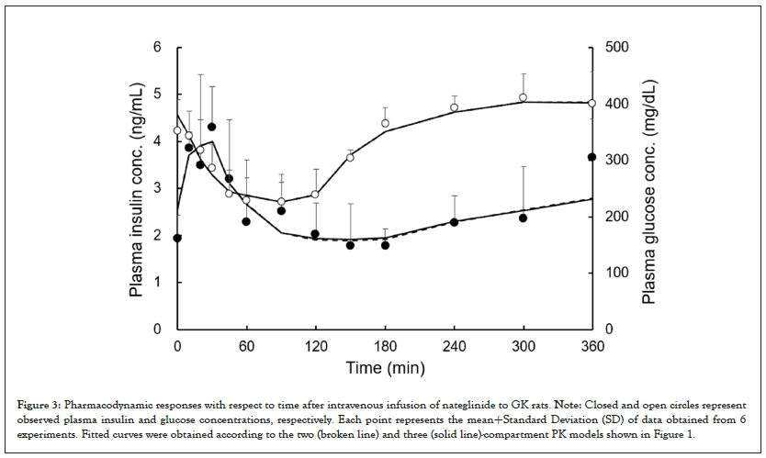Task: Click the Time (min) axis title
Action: click(x=384, y=368)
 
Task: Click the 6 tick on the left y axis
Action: click(x=157, y=47)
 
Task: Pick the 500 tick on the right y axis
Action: click(x=613, y=47)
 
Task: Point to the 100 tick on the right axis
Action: click(x=613, y=273)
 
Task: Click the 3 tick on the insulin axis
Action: click(x=157, y=188)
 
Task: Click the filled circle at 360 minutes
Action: click(x=591, y=157)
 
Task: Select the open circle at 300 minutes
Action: click(x=523, y=97)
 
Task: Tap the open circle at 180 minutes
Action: click(x=385, y=123)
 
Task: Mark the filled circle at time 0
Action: click(x=177, y=238)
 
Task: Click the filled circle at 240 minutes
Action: click(x=454, y=222)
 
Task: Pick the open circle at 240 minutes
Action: click(x=454, y=107)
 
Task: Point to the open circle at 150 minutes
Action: click(x=350, y=157)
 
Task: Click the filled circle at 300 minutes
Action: click(x=523, y=218)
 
